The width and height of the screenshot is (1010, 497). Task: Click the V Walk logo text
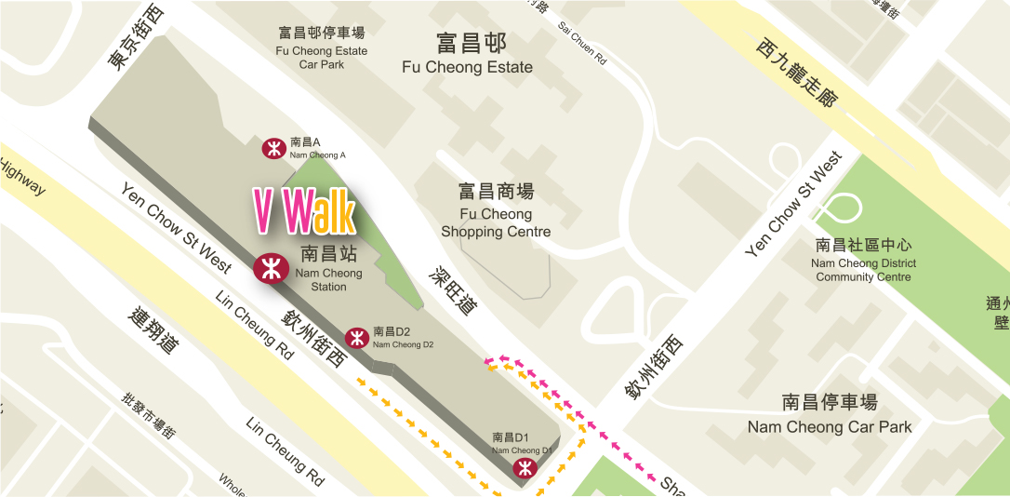(x=305, y=211)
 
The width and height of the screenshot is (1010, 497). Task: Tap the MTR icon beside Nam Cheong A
(x=273, y=148)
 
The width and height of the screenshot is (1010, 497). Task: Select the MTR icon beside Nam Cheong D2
(x=355, y=337)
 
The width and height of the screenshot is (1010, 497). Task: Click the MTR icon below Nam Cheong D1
(x=525, y=468)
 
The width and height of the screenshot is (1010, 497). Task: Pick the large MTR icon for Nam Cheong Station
(x=270, y=268)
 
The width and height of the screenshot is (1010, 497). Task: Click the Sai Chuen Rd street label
(x=582, y=44)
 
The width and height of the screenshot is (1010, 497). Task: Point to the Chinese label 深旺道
(x=452, y=289)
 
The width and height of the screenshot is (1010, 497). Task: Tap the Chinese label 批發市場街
(x=149, y=414)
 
